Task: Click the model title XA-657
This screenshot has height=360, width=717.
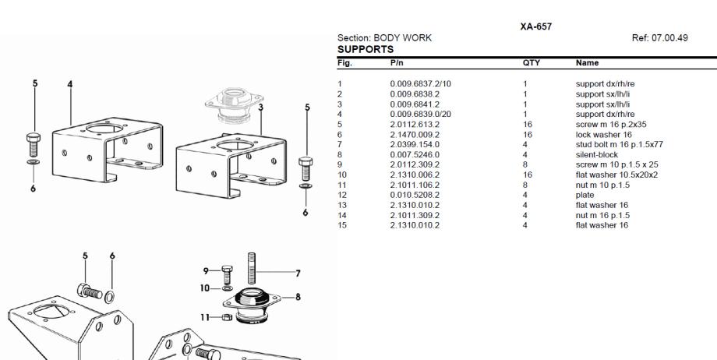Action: pyautogui.click(x=535, y=26)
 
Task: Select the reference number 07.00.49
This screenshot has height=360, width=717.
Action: pyautogui.click(x=669, y=38)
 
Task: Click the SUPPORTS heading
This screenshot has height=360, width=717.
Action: pyautogui.click(x=366, y=49)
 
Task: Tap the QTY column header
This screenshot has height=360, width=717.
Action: pyautogui.click(x=532, y=62)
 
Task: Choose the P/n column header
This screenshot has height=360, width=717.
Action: pyautogui.click(x=397, y=62)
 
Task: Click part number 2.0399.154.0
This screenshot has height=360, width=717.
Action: pyautogui.click(x=415, y=145)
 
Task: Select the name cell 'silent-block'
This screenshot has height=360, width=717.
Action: pyautogui.click(x=597, y=154)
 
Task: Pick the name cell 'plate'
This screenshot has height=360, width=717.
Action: pyautogui.click(x=585, y=195)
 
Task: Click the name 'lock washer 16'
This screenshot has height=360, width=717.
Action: pyautogui.click(x=603, y=135)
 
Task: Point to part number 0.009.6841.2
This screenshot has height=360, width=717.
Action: pyautogui.click(x=415, y=104)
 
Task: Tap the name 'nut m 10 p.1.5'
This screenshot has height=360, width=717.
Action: pyautogui.click(x=602, y=185)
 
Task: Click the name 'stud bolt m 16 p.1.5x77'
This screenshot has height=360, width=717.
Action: pyautogui.click(x=619, y=145)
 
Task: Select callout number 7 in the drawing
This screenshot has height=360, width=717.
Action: pyautogui.click(x=298, y=274)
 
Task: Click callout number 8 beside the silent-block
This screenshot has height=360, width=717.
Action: pyautogui.click(x=298, y=298)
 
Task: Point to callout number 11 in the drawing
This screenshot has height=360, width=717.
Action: pyautogui.click(x=205, y=317)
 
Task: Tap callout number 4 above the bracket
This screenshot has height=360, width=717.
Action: pyautogui.click(x=70, y=85)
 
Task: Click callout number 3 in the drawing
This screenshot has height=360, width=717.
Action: pyautogui.click(x=260, y=108)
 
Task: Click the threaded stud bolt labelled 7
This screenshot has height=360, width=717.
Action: pyautogui.click(x=252, y=268)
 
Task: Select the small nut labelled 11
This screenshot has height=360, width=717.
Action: pyautogui.click(x=227, y=317)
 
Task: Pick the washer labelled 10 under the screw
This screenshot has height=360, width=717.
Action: pyautogui.click(x=227, y=288)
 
